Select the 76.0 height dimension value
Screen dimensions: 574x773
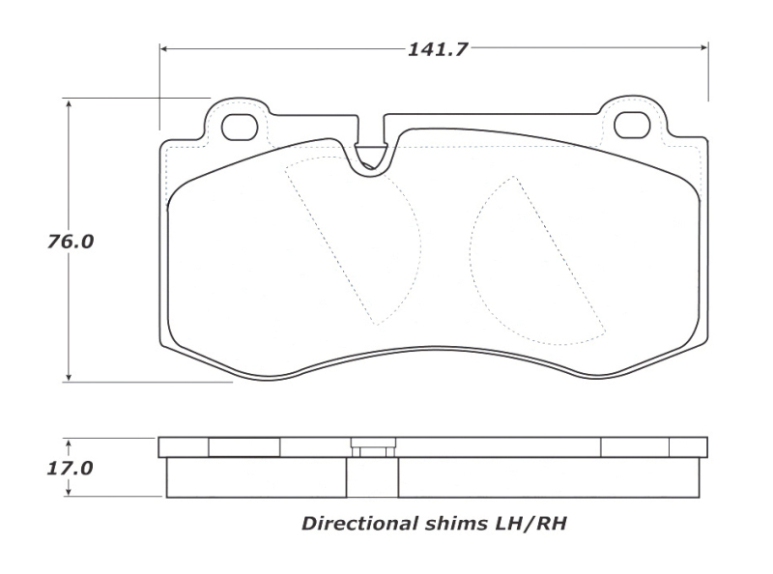71,242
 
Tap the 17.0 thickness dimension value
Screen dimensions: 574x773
71,469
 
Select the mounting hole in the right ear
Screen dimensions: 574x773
633,125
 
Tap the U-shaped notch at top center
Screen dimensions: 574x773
370,155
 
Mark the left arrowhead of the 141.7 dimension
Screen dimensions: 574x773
164,48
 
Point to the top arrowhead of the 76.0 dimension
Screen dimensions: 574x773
69,102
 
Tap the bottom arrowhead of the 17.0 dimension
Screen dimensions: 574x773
69,492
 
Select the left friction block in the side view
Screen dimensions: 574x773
256,477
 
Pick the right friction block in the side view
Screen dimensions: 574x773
548,477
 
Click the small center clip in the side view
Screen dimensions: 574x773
372,449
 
